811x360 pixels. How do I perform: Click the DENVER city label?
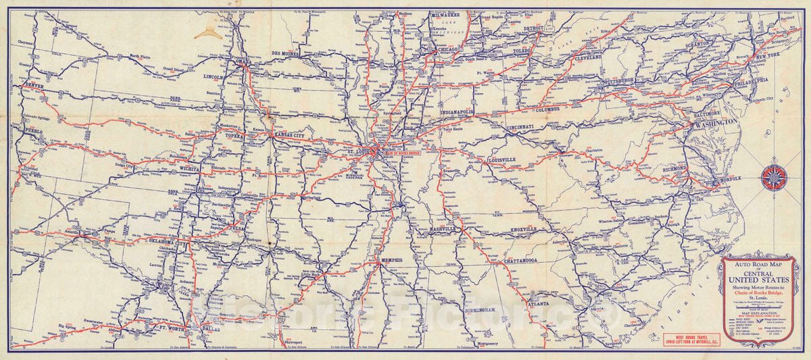tap(33, 86)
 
